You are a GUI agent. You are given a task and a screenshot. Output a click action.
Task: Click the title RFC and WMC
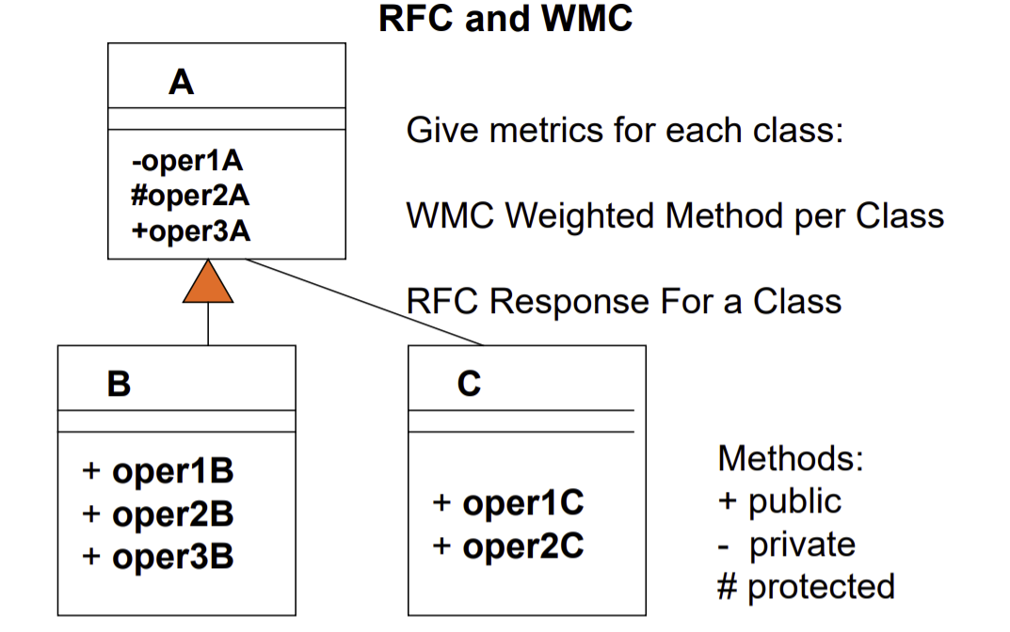[x=505, y=19]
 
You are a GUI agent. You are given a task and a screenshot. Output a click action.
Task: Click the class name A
[x=181, y=83]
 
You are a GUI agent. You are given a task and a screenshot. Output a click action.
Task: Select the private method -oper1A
[x=186, y=162]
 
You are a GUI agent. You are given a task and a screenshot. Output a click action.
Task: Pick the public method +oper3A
[x=191, y=230]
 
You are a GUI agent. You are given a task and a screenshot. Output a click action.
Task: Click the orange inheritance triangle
[x=208, y=285]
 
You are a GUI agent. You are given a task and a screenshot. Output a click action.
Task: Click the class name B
[x=119, y=384]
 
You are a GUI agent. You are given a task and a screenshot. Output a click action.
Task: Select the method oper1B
[x=157, y=471]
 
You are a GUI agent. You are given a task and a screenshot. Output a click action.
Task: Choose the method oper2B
[x=157, y=514]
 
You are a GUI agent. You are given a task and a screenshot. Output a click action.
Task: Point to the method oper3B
[x=157, y=557]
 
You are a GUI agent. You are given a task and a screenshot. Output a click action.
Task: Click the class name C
[x=469, y=384]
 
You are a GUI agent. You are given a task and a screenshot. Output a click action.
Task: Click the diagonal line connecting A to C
[x=367, y=303]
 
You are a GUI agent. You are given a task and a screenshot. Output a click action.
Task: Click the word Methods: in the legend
[x=790, y=459]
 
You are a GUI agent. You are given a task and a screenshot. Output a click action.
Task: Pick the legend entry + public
[x=779, y=501]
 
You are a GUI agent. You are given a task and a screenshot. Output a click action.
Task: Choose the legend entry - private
[x=787, y=545]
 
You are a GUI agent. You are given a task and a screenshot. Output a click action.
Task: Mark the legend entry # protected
[x=806, y=587]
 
